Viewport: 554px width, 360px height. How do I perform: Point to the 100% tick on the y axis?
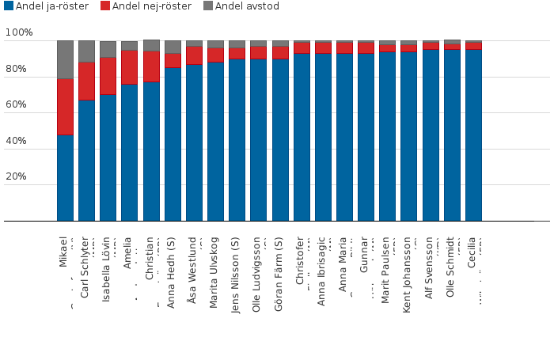pos(19,33)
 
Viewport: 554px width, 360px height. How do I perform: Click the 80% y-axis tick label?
pos(19,70)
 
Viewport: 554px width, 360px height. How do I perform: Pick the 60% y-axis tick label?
pos(19,105)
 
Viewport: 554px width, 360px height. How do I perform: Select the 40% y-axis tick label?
pos(19,142)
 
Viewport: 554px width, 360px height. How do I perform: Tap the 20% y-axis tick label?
pos(19,177)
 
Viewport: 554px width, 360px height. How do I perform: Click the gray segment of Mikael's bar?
pos(65,59)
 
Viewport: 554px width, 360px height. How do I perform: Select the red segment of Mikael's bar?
pos(65,107)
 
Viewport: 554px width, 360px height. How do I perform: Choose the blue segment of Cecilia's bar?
pos(473,135)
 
